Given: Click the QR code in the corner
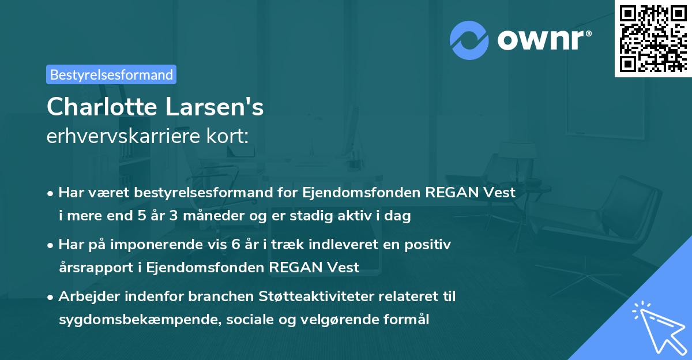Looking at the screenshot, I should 653,39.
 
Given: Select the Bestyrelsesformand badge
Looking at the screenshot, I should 111,74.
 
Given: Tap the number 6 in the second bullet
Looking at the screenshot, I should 235,245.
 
